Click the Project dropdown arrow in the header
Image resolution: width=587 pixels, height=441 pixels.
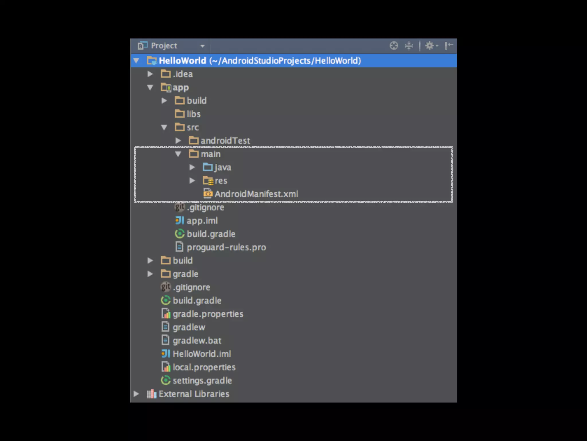click(202, 46)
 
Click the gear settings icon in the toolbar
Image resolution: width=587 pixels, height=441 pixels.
click(429, 46)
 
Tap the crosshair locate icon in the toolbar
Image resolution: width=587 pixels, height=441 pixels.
click(394, 46)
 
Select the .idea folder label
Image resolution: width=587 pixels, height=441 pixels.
click(183, 74)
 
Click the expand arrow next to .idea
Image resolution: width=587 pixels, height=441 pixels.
click(150, 74)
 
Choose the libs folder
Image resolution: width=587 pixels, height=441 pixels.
click(193, 114)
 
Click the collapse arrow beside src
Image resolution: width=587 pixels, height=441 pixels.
click(164, 127)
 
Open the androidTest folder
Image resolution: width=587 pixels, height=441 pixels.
click(225, 141)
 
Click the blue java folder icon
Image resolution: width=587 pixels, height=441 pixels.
click(208, 167)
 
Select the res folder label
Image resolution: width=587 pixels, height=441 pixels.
click(221, 181)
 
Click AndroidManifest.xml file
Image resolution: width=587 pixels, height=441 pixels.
click(256, 194)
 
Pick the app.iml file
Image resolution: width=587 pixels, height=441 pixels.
click(202, 221)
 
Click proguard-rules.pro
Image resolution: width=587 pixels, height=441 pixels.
click(226, 247)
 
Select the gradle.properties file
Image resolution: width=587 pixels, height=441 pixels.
click(208, 314)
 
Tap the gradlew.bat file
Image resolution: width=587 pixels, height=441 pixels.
click(197, 341)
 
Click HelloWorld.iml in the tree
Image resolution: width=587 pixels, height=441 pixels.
click(202, 354)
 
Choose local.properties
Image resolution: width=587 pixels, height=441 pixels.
click(204, 367)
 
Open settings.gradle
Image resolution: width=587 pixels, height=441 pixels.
click(202, 381)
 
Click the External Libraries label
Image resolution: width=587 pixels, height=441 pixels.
click(194, 394)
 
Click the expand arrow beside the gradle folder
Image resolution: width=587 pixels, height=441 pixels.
click(150, 274)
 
